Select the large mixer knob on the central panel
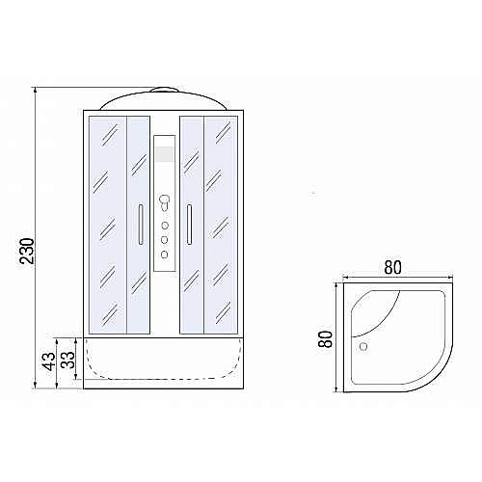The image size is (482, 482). [166, 203]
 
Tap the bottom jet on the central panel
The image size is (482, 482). [165, 254]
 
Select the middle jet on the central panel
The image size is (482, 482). [165, 238]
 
